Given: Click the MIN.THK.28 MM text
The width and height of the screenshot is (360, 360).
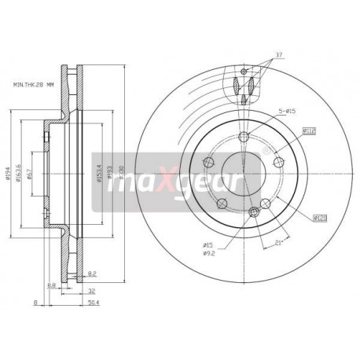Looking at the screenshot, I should (x=34, y=83).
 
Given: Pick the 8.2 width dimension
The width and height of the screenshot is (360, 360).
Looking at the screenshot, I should (x=92, y=273).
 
